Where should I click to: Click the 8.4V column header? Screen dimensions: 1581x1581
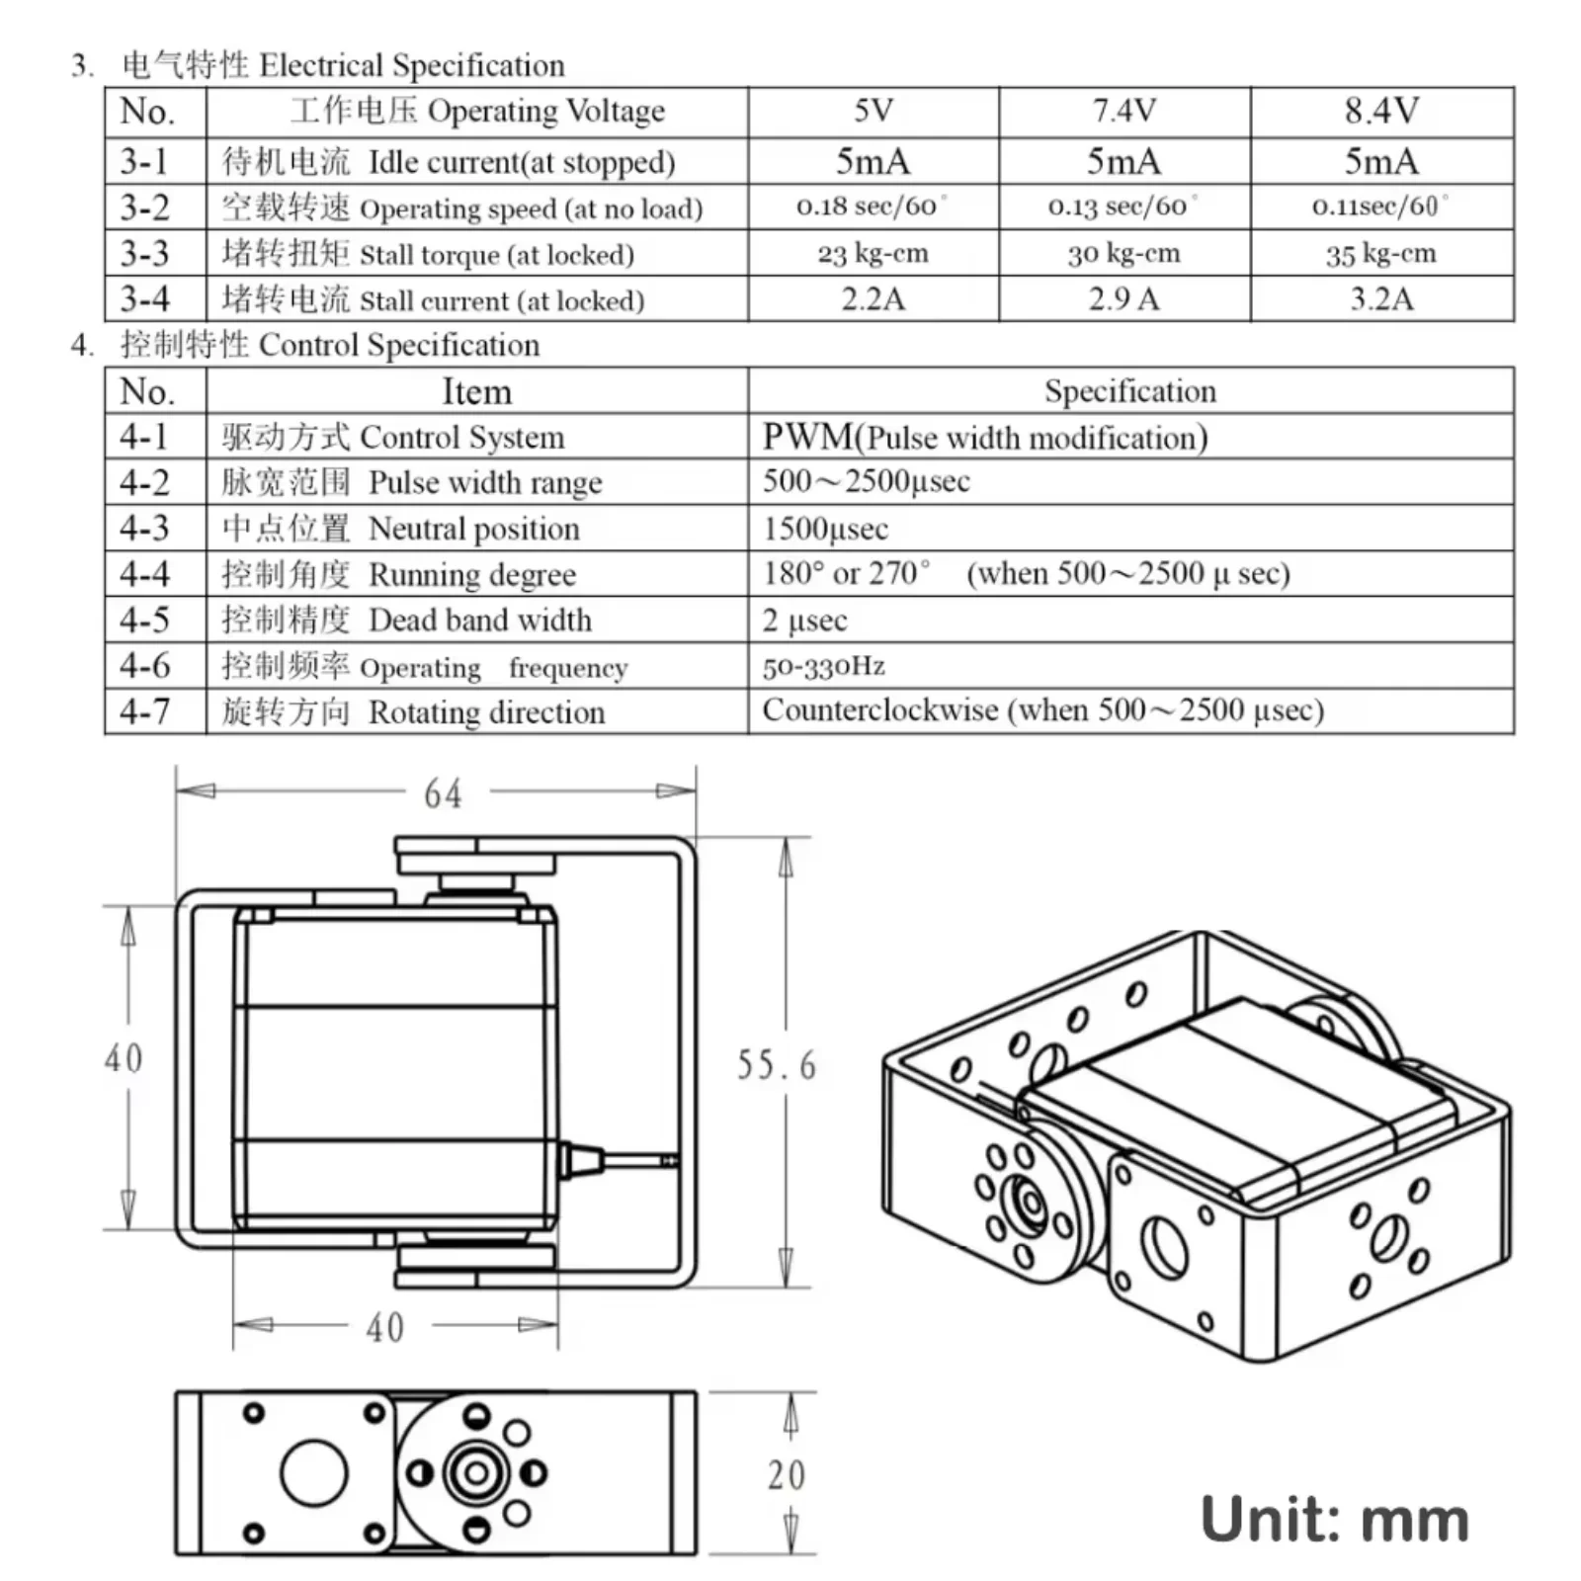point(1380,111)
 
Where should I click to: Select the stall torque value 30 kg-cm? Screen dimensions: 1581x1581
point(1123,254)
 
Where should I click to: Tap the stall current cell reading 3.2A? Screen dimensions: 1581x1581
point(1380,299)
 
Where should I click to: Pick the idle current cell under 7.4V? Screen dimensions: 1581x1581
point(1123,161)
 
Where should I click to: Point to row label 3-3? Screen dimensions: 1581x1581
point(144,254)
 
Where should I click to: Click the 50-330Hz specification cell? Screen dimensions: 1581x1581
point(823,666)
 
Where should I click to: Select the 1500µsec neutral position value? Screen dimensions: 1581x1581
point(825,529)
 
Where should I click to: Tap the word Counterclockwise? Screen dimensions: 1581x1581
point(879,710)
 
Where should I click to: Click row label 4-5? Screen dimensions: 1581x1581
point(144,620)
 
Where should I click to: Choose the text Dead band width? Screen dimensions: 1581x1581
point(480,620)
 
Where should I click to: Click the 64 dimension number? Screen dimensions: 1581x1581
point(443,793)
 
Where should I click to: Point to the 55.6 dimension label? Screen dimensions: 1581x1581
point(777,1065)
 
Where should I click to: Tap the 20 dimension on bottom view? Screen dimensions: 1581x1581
point(786,1475)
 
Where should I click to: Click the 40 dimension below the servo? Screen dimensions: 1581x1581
point(385,1327)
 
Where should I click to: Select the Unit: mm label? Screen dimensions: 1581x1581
point(1334,1520)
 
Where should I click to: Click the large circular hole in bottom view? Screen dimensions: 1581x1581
point(313,1473)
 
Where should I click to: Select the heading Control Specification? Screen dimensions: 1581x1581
point(399,345)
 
